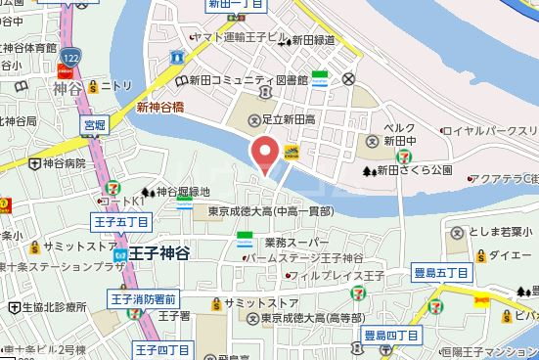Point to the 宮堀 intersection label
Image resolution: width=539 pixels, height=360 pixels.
94,124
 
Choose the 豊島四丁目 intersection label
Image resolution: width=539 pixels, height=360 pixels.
391,336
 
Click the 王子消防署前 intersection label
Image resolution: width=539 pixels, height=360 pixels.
143,298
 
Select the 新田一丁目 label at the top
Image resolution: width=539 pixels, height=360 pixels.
235,5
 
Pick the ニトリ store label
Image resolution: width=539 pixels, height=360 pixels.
114,85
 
